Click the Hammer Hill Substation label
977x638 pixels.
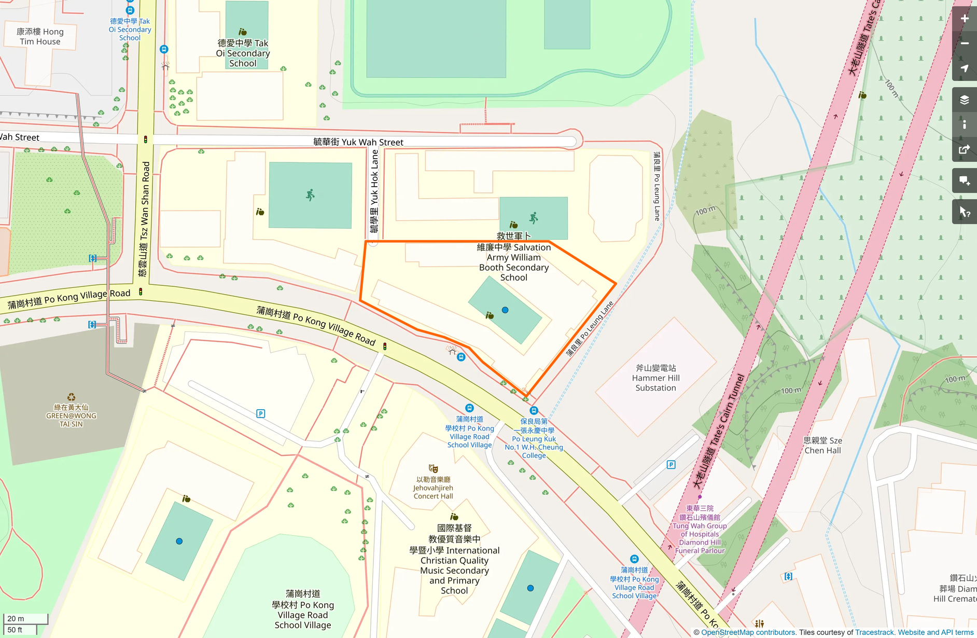point(655,378)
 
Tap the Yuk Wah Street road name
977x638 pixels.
point(358,142)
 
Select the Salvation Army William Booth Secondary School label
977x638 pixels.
point(513,262)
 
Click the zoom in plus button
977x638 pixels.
point(964,19)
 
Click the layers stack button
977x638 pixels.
point(964,100)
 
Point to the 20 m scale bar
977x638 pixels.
point(25,618)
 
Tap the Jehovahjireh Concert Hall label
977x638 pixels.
point(433,488)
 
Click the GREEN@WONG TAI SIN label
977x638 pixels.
point(71,415)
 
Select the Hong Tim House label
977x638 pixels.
point(40,36)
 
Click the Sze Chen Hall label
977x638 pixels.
point(822,445)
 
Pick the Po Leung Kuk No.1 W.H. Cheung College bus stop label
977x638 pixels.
point(534,438)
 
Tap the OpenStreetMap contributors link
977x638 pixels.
point(748,632)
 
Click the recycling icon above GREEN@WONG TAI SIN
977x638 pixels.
point(71,397)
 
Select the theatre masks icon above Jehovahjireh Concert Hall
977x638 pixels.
point(433,469)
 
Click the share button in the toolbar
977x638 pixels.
point(964,150)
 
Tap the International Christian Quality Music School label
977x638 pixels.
point(454,560)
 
